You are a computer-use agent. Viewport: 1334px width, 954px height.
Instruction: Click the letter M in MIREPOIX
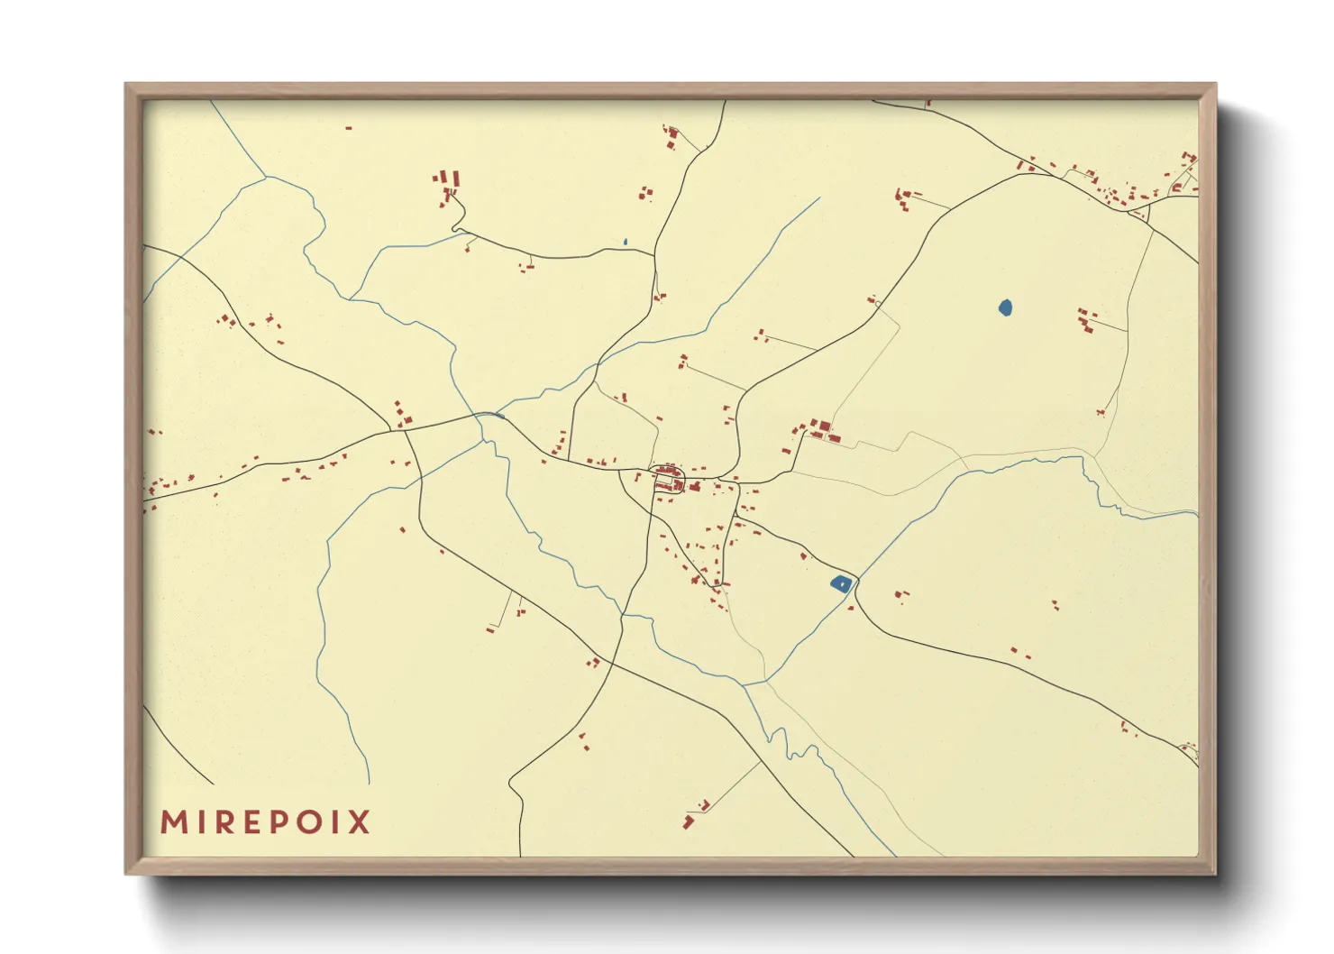pyautogui.click(x=172, y=822)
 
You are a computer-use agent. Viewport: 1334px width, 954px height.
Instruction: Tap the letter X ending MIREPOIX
pyautogui.click(x=360, y=822)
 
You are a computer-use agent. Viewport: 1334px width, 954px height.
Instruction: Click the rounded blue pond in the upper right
pyautogui.click(x=1006, y=308)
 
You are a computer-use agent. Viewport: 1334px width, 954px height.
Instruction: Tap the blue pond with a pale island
pyautogui.click(x=840, y=584)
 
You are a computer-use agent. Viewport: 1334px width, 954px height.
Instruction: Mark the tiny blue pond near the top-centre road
pyautogui.click(x=625, y=243)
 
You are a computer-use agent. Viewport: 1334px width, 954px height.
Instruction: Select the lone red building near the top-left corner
pyautogui.click(x=349, y=128)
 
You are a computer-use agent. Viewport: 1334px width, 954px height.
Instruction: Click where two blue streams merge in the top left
pyautogui.click(x=266, y=178)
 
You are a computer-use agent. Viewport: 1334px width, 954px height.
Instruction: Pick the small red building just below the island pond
pyautogui.click(x=850, y=609)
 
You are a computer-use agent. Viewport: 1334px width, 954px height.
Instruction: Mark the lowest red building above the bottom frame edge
pyautogui.click(x=688, y=821)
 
